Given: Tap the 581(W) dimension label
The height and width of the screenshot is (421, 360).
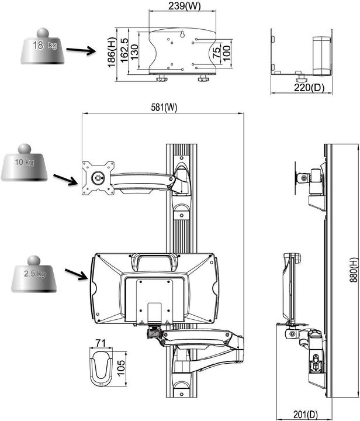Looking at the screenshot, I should click(162, 107).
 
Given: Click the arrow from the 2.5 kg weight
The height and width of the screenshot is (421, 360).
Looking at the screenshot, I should click(77, 274).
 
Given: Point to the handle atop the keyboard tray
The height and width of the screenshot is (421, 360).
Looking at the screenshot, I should click(154, 258).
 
